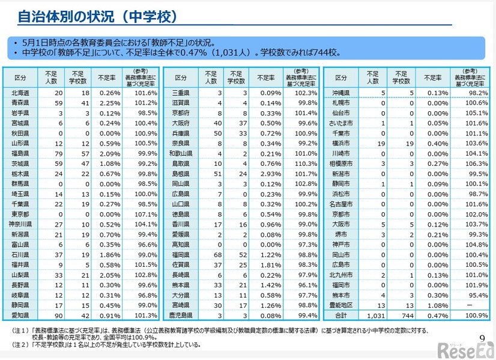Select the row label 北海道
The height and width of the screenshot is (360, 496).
click(20, 93)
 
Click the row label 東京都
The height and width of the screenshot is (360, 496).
click(20, 215)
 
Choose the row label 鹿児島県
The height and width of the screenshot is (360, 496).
click(181, 315)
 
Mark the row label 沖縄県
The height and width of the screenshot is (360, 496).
click(341, 93)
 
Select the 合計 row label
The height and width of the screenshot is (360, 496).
click(341, 315)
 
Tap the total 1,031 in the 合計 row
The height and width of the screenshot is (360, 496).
click(372, 315)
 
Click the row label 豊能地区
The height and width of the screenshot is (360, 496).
click(341, 304)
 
